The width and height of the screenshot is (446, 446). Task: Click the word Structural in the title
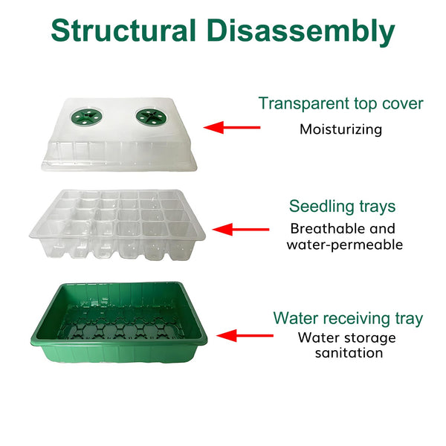[123, 31]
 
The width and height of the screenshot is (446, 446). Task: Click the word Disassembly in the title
[300, 31]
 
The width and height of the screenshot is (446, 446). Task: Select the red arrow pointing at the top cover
[232, 127]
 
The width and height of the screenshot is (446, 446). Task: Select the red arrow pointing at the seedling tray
[241, 230]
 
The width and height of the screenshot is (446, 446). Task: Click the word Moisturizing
[340, 129]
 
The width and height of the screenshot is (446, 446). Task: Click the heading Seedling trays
[342, 206]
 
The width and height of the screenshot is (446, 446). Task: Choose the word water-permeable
[344, 245]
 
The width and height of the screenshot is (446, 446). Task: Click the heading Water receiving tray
[348, 319]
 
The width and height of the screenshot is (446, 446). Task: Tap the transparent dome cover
[115, 145]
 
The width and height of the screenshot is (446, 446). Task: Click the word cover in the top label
[401, 103]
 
